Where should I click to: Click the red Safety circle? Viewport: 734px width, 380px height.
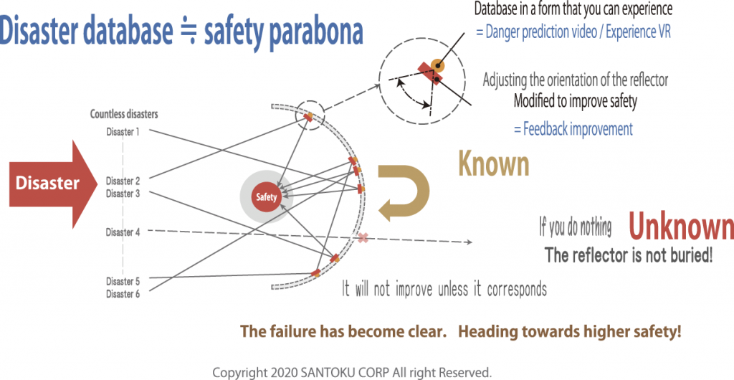click(267, 197)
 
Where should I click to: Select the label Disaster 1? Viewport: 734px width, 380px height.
click(123, 132)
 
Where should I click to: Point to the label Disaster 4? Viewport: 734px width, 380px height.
click(123, 232)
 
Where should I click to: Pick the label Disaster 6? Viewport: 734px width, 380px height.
click(123, 294)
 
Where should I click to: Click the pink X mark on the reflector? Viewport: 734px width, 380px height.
click(363, 238)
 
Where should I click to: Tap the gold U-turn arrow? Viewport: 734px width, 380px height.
click(404, 192)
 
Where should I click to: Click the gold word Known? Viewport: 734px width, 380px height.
click(493, 164)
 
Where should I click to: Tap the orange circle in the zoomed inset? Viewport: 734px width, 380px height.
click(437, 65)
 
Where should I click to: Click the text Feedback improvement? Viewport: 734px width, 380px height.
click(573, 128)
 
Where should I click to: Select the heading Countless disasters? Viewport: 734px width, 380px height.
click(124, 114)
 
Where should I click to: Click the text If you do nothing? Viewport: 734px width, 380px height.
click(576, 228)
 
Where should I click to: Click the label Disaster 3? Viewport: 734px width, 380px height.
click(123, 194)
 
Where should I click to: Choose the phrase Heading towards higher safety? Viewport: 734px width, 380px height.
click(570, 332)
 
